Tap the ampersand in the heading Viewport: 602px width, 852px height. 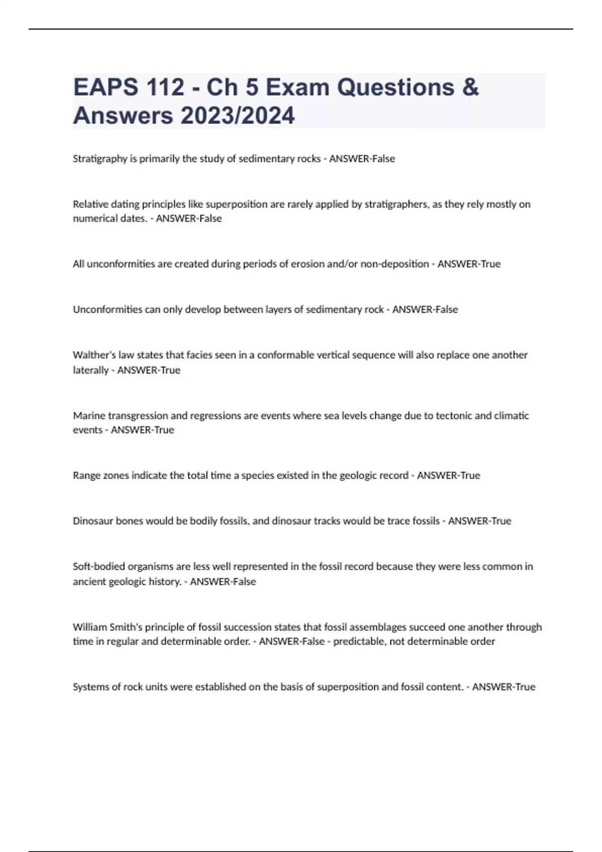(x=470, y=87)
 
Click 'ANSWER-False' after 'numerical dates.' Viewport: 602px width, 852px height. (x=189, y=219)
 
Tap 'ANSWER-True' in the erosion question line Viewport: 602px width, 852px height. (x=469, y=264)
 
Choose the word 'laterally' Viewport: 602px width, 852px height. (x=91, y=370)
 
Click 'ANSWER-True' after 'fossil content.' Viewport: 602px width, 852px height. (x=504, y=687)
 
